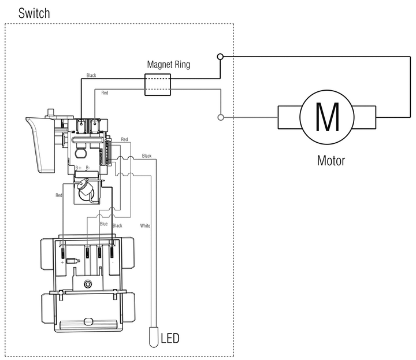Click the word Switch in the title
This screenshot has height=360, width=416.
[34, 13]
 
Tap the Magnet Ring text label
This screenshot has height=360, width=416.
[169, 65]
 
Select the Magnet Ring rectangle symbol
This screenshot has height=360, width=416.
[158, 84]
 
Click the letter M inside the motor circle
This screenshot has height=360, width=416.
[327, 117]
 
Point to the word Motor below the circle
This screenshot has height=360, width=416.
[331, 161]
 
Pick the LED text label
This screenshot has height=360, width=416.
[170, 338]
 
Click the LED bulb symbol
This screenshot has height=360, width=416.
[154, 337]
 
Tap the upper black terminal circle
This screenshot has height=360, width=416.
[220, 57]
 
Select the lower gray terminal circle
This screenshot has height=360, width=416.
[221, 117]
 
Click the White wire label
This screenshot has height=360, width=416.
[145, 226]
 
